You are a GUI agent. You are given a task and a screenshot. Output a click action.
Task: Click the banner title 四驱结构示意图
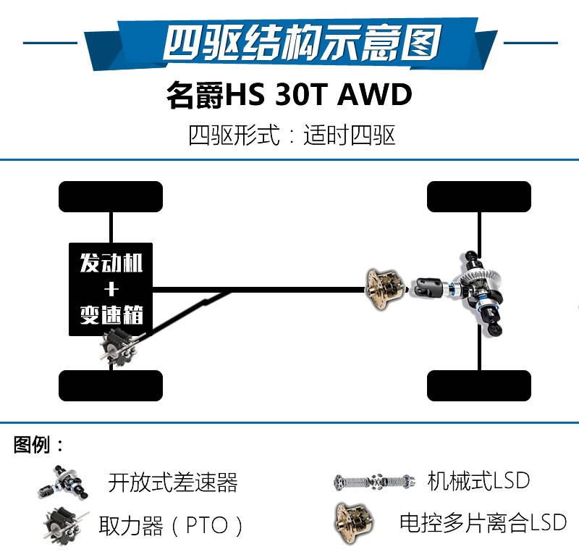(303, 43)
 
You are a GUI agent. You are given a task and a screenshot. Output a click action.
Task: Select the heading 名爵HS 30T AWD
(289, 95)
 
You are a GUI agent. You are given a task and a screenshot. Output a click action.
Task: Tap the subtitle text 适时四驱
(350, 135)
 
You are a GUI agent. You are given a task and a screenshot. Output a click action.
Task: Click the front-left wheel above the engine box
(111, 196)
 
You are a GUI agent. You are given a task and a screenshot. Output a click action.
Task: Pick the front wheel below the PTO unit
(111, 385)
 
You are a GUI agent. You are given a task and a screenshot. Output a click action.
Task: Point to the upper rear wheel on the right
(479, 196)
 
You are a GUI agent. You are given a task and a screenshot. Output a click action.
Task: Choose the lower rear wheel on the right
(479, 385)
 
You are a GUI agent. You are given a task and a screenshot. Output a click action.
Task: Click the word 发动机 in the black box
(111, 263)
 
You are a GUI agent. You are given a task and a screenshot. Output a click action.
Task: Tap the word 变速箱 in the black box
(111, 315)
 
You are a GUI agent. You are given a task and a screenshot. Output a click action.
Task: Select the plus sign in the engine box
(111, 289)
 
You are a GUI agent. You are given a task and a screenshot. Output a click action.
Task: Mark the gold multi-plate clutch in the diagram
(384, 289)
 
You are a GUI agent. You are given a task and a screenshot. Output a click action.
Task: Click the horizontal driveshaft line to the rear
(259, 289)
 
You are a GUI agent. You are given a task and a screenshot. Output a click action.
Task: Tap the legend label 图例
(38, 444)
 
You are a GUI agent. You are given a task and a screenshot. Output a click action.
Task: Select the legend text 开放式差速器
(173, 482)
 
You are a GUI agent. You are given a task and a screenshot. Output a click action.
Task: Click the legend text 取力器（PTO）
(170, 525)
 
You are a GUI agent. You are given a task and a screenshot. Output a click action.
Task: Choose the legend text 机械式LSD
(478, 480)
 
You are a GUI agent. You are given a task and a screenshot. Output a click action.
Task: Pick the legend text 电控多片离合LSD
(483, 522)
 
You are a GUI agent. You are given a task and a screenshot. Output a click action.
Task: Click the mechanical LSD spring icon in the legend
(374, 482)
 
